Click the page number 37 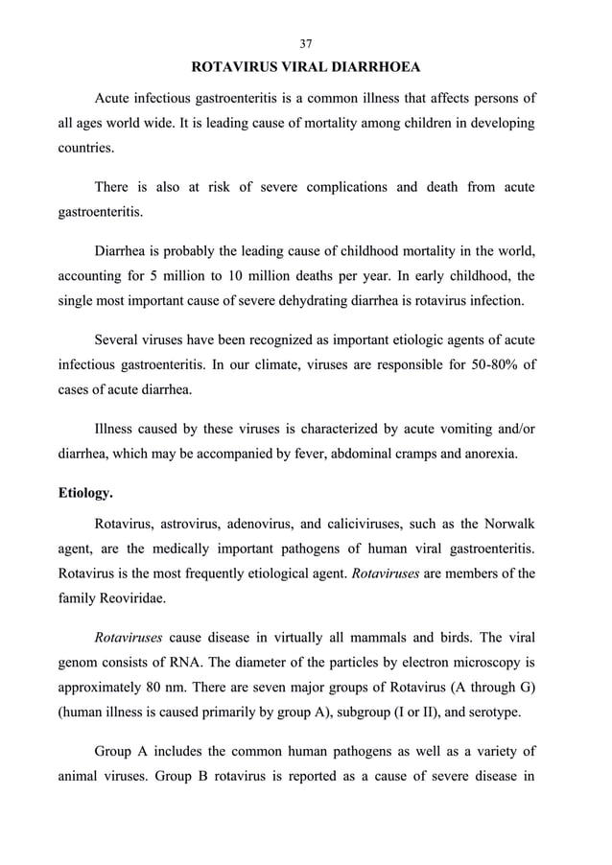306,43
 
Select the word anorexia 488,454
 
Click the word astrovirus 192,524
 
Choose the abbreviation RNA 210,662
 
